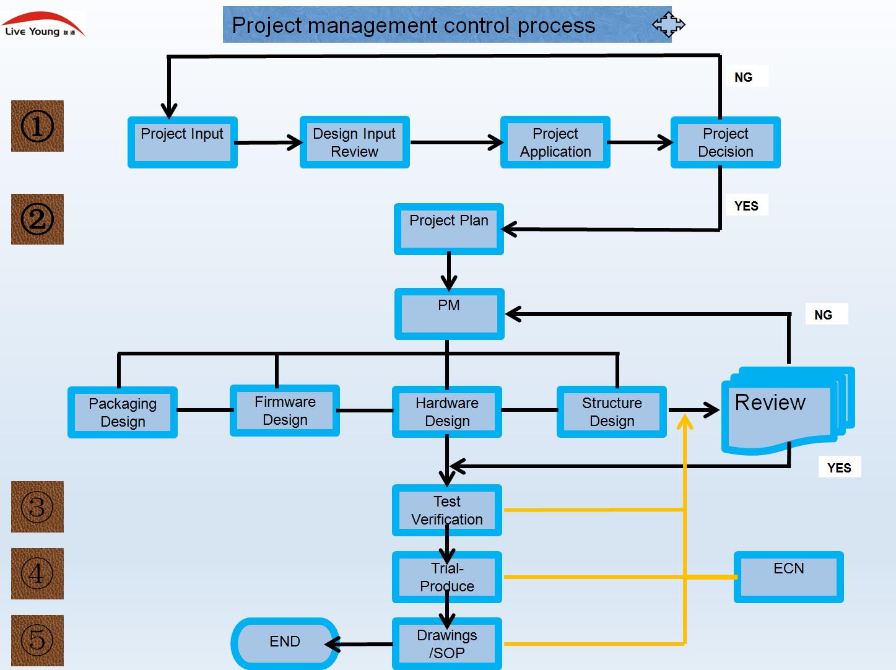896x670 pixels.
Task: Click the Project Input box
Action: tap(182, 142)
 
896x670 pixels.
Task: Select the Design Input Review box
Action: tap(354, 142)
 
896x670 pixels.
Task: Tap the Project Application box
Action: tap(555, 142)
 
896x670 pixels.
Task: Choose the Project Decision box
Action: tap(725, 142)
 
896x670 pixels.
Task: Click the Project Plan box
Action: tap(448, 229)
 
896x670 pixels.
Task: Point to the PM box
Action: tap(449, 314)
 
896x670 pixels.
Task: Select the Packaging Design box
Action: tap(123, 412)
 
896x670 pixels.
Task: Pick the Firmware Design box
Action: tap(285, 411)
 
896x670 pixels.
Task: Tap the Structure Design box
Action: tap(612, 412)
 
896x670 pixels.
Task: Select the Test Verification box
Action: tap(447, 510)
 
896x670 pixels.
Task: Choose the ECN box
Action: tap(788, 577)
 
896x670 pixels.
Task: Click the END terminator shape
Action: tap(285, 643)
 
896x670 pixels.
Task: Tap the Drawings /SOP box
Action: tap(447, 644)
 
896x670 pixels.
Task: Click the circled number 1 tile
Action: tap(37, 126)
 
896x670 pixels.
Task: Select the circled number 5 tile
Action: tap(37, 640)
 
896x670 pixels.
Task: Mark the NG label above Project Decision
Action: tap(744, 77)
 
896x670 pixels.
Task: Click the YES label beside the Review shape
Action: tap(839, 468)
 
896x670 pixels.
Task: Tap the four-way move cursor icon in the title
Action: tap(669, 25)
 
